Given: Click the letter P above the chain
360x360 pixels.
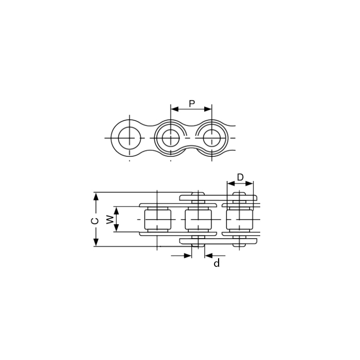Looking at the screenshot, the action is click(192, 104).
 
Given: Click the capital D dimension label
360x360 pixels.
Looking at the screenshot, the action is click(240, 177).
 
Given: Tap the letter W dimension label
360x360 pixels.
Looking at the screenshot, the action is click(110, 220).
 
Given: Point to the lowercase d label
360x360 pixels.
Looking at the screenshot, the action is click(217, 263).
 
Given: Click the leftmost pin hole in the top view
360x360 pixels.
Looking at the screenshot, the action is click(130, 138).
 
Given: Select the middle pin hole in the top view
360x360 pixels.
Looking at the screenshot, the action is click(171, 138).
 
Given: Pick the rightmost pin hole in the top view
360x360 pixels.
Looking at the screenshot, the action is click(212, 138).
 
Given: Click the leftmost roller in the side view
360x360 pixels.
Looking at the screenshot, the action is click(157, 220).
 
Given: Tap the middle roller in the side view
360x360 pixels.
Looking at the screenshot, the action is click(199, 220).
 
